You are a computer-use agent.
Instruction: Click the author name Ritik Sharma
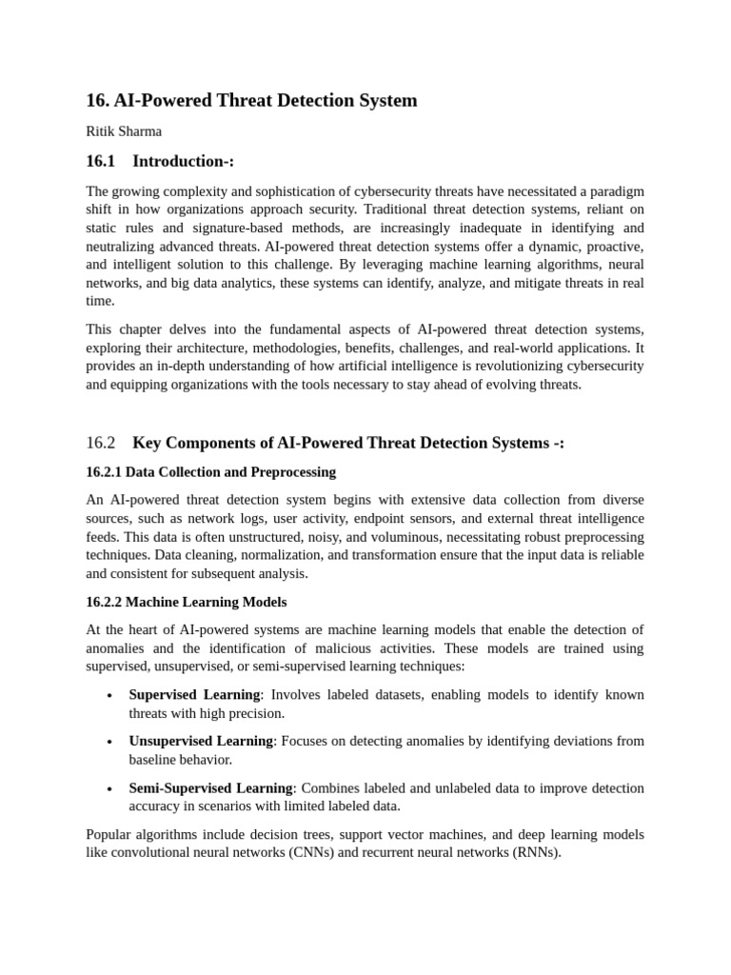point(124,131)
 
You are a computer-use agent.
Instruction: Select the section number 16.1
point(100,161)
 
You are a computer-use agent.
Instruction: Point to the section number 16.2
point(100,443)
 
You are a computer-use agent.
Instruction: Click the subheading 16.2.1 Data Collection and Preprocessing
point(210,472)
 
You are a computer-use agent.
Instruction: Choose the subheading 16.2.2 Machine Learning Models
point(186,603)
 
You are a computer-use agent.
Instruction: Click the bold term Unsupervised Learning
point(201,741)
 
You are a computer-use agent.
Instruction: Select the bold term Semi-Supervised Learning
point(210,788)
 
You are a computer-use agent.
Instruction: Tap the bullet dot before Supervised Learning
point(109,696)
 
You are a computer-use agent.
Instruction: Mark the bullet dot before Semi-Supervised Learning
point(109,789)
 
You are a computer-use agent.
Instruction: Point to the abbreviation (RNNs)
point(535,853)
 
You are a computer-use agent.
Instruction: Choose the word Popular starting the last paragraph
point(109,835)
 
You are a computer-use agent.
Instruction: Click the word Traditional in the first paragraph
point(350,209)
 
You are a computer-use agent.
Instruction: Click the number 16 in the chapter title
point(95,100)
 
